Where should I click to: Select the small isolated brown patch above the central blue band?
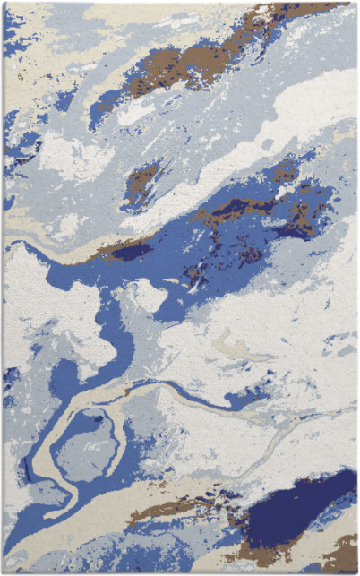click(141, 180)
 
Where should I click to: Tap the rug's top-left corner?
click(4, 3)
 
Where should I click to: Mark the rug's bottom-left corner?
click(3, 572)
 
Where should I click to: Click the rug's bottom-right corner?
click(356, 572)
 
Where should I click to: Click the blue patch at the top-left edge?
click(13, 36)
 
